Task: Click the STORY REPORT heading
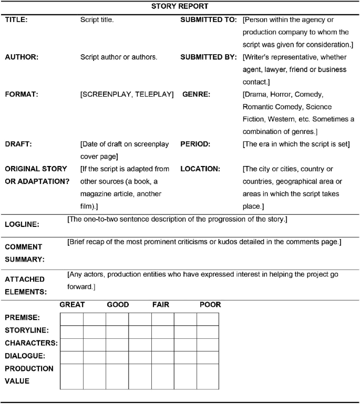[180, 7]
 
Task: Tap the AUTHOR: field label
[22, 57]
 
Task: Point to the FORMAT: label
[22, 95]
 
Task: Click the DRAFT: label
[18, 143]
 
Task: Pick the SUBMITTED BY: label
[208, 57]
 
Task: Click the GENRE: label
[196, 95]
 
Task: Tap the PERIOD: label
[197, 143]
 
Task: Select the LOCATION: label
[200, 169]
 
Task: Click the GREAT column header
[72, 305]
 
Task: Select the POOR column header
[210, 305]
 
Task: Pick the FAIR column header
[161, 305]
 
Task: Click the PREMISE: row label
[22, 318]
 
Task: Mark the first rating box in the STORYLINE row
[71, 332]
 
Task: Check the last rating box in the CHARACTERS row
[208, 345]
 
